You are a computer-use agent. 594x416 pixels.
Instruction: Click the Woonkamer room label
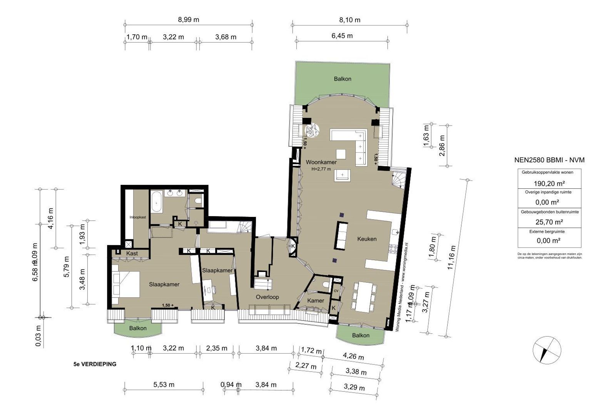(321, 162)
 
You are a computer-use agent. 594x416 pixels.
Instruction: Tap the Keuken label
(366, 239)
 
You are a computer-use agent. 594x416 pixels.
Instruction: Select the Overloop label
(267, 297)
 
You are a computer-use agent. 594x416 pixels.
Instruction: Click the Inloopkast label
(137, 217)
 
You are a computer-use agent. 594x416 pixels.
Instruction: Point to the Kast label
(132, 253)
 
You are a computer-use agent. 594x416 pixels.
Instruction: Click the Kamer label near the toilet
(315, 300)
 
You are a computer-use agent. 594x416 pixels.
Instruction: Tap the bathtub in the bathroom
(156, 201)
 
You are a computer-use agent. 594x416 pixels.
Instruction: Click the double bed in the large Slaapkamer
(126, 284)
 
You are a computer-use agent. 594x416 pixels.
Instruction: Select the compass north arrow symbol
(545, 350)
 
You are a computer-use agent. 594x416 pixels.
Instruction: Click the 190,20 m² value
(549, 183)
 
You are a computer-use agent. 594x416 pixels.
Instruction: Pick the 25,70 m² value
(549, 222)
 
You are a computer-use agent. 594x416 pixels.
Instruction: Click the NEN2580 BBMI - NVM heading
(549, 160)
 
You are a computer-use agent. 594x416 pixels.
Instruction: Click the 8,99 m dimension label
(188, 20)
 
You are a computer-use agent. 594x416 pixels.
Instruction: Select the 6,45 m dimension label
(342, 36)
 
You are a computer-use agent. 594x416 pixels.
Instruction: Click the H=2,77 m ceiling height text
(321, 169)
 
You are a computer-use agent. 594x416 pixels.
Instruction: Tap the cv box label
(336, 291)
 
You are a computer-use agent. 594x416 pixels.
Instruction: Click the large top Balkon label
(342, 79)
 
